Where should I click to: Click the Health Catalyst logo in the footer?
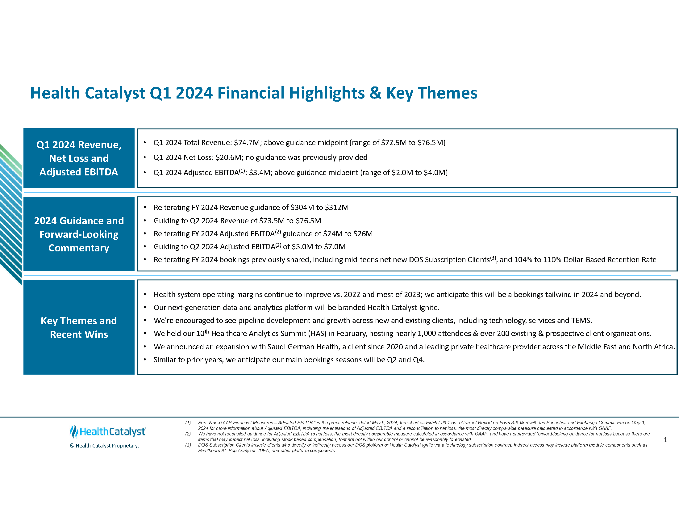point(108,432)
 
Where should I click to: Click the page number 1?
point(665,440)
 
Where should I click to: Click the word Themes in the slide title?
point(447,93)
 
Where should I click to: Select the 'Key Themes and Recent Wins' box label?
point(79,327)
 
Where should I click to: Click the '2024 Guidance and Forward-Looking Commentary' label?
point(79,234)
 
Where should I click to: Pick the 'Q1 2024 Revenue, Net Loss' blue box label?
point(79,158)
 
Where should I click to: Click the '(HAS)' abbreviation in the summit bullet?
point(317,334)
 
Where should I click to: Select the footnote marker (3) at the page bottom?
point(188,445)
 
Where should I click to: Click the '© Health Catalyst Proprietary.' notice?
point(104,446)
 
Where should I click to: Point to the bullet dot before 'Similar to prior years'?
point(145,360)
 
